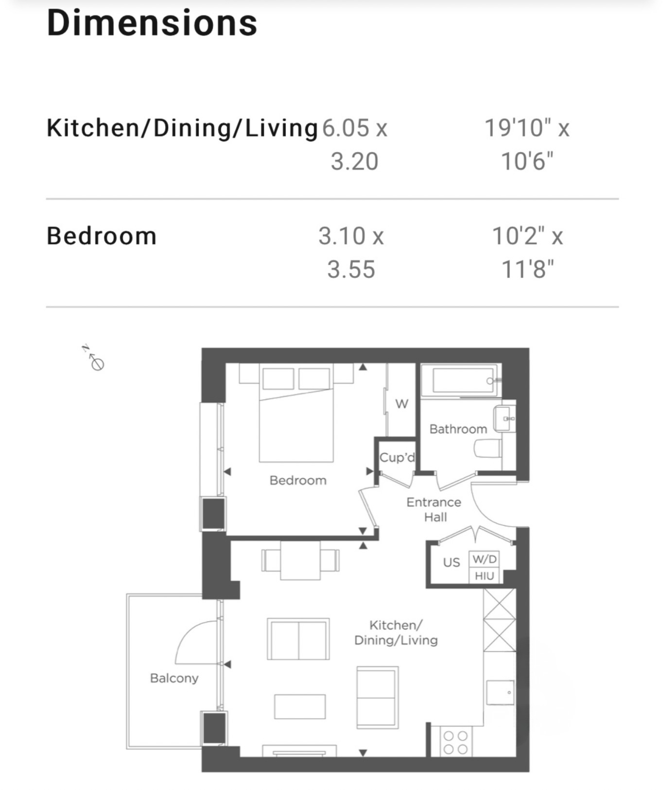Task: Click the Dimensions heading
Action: pyautogui.click(x=152, y=23)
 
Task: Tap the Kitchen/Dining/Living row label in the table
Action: pyautogui.click(x=182, y=128)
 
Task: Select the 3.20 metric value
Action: pyautogui.click(x=354, y=161)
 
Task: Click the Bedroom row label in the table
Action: pyautogui.click(x=101, y=236)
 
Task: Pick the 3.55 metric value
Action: pyautogui.click(x=351, y=269)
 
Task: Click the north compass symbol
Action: pyautogui.click(x=94, y=358)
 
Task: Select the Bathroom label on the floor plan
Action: pyautogui.click(x=458, y=429)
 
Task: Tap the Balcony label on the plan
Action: pyautogui.click(x=174, y=678)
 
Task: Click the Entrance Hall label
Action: pyautogui.click(x=434, y=510)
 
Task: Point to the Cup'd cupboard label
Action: pyautogui.click(x=397, y=458)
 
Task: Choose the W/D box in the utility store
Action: pyautogui.click(x=485, y=559)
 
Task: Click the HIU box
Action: pyautogui.click(x=485, y=576)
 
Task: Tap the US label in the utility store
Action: pyautogui.click(x=452, y=562)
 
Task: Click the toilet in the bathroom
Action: pyautogui.click(x=488, y=449)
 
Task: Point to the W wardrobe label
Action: pyautogui.click(x=401, y=404)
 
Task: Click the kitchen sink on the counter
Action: pyautogui.click(x=500, y=692)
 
